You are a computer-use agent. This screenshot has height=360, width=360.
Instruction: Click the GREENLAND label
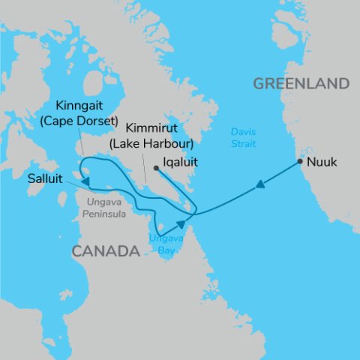coord(301,83)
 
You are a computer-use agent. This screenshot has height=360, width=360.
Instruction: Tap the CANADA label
coord(106,251)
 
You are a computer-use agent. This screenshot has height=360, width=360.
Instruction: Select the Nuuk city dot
coord(300,161)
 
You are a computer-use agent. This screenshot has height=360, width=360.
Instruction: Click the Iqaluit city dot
coord(155,168)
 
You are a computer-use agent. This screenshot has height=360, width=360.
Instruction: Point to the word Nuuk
coord(323,161)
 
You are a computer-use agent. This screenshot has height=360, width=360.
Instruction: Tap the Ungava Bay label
coord(163,244)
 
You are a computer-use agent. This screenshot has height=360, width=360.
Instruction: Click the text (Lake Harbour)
coord(152,142)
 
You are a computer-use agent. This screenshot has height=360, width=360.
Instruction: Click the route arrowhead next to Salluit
coord(87,181)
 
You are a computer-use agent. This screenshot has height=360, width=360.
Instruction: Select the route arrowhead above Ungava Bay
coord(181,224)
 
